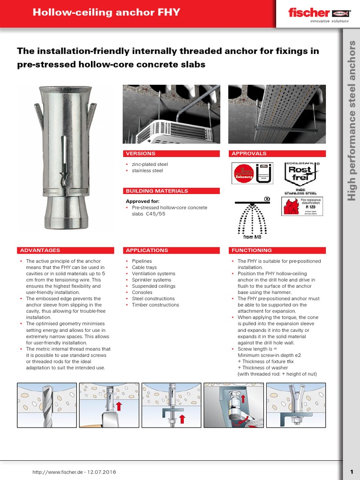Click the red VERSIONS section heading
point(141,153)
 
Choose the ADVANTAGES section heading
point(40,250)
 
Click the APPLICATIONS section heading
point(147,250)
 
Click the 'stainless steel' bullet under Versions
point(147,171)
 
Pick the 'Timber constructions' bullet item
point(155,305)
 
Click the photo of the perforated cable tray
point(277,115)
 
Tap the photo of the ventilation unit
point(171,115)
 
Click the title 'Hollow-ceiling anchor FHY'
point(106,12)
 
